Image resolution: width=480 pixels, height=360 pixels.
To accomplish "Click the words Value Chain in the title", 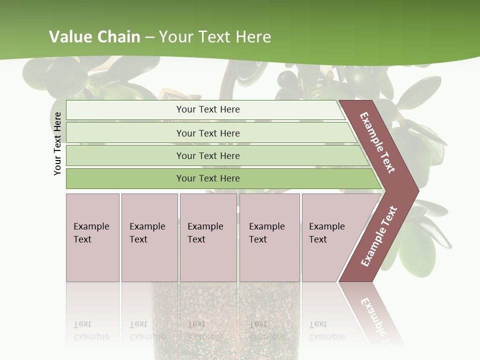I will click(94, 37).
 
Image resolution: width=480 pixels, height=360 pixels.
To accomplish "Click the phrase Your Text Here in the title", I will click(215, 37).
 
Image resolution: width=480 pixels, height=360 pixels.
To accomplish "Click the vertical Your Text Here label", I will click(57, 143).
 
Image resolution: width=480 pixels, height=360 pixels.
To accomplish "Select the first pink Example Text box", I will click(92, 237).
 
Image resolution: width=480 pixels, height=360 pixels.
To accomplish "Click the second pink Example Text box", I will click(149, 237).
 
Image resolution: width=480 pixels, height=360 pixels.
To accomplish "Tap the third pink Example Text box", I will click(208, 237).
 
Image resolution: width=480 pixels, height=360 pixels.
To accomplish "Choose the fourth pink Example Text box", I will click(269, 237).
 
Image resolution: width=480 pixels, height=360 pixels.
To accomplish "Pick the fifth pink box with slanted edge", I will click(330, 237).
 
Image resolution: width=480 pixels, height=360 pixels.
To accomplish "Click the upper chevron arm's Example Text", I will click(377, 142).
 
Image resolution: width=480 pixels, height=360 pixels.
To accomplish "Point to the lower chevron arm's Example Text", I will click(378, 236).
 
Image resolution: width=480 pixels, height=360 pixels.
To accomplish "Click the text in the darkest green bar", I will click(208, 178).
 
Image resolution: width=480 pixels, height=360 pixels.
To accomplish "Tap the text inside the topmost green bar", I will click(208, 109).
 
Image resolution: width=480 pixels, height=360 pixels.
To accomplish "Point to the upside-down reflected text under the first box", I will click(91, 330).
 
